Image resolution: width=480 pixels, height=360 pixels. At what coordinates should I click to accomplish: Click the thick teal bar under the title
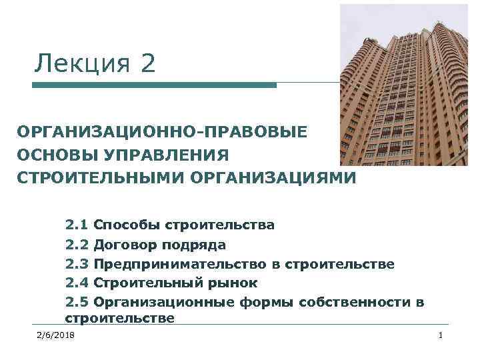tap(154, 85)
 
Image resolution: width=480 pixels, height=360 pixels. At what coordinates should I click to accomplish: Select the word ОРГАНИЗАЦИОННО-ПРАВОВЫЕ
tap(163, 131)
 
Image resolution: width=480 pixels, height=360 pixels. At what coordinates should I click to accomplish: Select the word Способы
tap(126, 225)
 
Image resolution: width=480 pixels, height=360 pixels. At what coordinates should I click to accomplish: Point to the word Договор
tap(125, 245)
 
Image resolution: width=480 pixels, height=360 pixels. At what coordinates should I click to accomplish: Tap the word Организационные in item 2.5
tap(163, 302)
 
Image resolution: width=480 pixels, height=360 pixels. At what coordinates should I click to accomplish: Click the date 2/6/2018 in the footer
tap(57, 334)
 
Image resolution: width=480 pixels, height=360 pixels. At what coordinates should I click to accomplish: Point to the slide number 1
tap(441, 334)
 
